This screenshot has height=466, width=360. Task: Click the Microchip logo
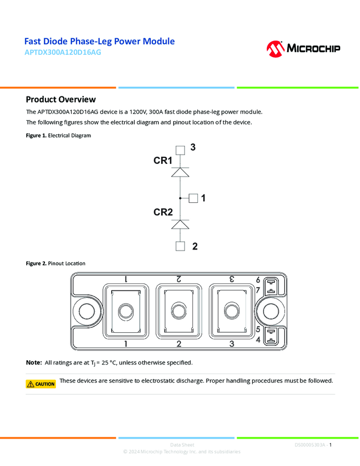(303, 48)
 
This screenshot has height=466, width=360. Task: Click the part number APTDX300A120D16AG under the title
(62, 53)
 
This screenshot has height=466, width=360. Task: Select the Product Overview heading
(61, 99)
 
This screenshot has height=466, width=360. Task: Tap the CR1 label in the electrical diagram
(163, 161)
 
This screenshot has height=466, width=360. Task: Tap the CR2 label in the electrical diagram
(163, 212)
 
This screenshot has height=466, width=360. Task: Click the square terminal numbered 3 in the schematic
(180, 150)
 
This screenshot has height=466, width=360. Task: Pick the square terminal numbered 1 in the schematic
(193, 198)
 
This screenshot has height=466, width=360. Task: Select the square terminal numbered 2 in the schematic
(180, 246)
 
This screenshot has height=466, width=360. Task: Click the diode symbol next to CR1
(180, 172)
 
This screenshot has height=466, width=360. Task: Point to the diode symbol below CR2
(180, 224)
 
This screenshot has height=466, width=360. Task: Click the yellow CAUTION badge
(41, 384)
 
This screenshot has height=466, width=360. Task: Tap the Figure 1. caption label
(36, 135)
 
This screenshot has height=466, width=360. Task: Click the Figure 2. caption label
(36, 264)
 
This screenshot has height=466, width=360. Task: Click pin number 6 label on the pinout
(258, 280)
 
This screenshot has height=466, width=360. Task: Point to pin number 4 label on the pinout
(258, 340)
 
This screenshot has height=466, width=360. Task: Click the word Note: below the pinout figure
(34, 363)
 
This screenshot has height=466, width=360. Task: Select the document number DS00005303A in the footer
(310, 445)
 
